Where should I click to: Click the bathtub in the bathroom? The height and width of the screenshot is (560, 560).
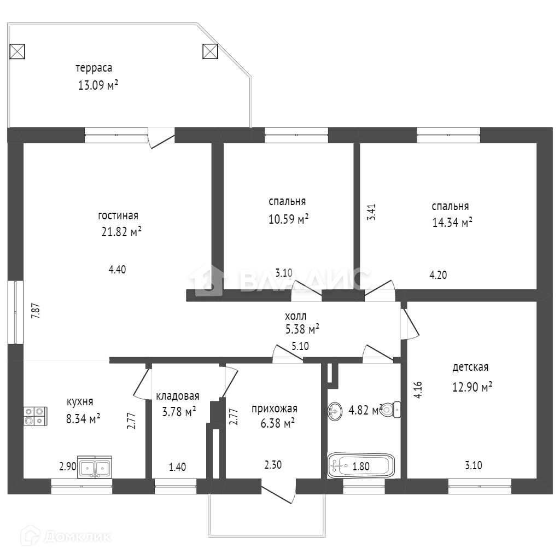click(361, 466)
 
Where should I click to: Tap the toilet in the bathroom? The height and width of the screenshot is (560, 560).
click(391, 409)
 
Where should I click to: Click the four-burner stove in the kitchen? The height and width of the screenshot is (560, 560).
click(35, 416)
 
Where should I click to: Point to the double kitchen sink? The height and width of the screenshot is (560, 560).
click(95, 468)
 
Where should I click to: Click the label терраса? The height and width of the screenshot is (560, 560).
click(94, 68)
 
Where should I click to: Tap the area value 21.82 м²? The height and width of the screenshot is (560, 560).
click(121, 232)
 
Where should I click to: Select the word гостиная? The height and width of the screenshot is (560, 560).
click(118, 215)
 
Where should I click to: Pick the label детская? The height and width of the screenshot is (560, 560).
click(470, 367)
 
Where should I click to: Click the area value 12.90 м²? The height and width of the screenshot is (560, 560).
click(472, 387)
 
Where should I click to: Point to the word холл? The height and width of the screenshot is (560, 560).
click(296, 316)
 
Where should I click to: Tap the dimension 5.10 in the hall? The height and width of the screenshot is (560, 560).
click(300, 346)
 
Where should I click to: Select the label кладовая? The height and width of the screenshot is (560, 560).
click(178, 396)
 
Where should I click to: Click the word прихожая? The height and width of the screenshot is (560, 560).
click(274, 409)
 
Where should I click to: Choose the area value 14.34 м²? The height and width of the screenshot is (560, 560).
click(452, 223)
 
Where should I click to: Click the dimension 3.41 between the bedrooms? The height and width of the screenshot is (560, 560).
click(371, 212)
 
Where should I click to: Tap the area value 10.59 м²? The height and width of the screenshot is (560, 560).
click(288, 219)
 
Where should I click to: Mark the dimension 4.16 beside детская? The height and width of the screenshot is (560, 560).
click(417, 389)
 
